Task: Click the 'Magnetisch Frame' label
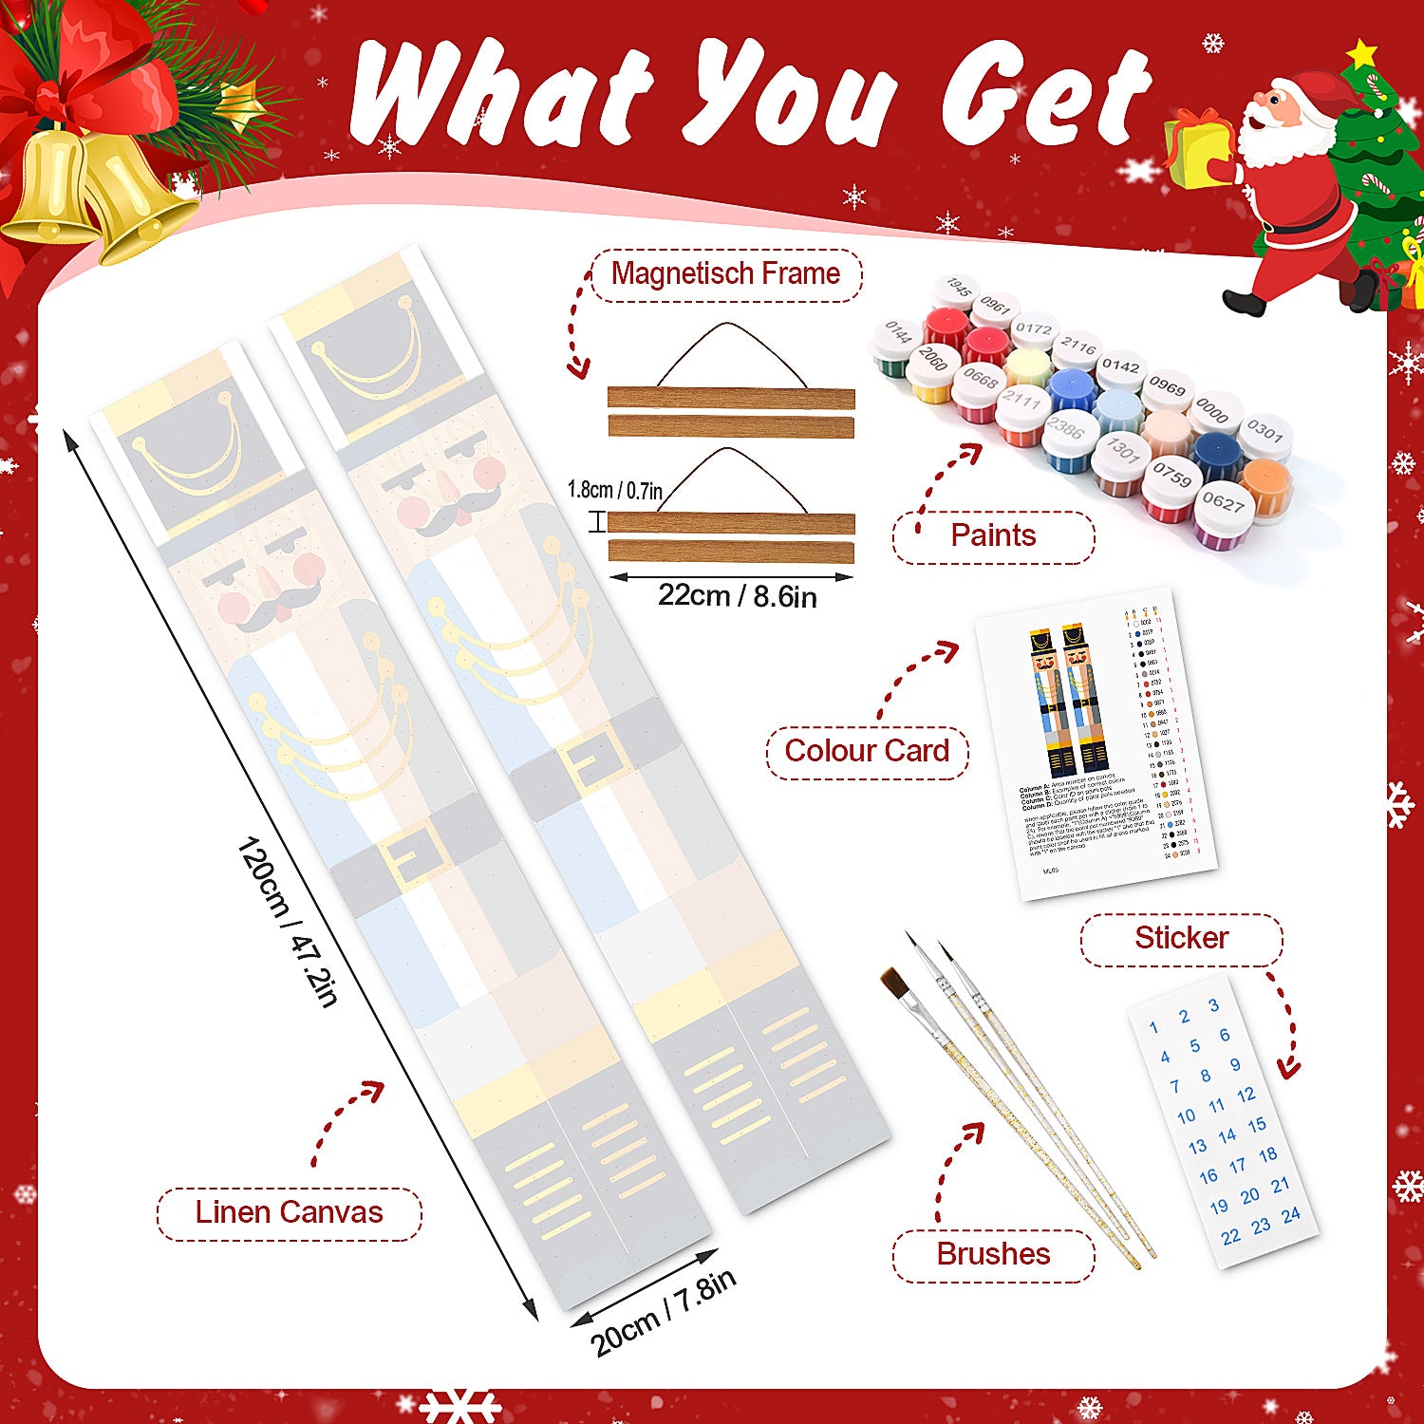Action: pos(726,274)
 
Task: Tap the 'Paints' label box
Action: pos(993,536)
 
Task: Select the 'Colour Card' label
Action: pos(866,751)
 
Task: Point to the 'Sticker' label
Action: pos(1181,939)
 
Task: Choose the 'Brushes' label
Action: pos(993,1254)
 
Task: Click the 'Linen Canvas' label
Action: pos(289,1212)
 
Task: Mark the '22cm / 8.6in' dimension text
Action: pos(737,596)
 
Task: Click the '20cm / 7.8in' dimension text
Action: pos(663,1313)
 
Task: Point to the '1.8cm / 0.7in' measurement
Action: pos(614,490)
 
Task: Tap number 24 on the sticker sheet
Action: pos(1290,1215)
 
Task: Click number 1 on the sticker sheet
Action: pos(1153,1026)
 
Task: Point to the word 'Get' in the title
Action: pos(1044,95)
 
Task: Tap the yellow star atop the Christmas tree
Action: pos(1363,54)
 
